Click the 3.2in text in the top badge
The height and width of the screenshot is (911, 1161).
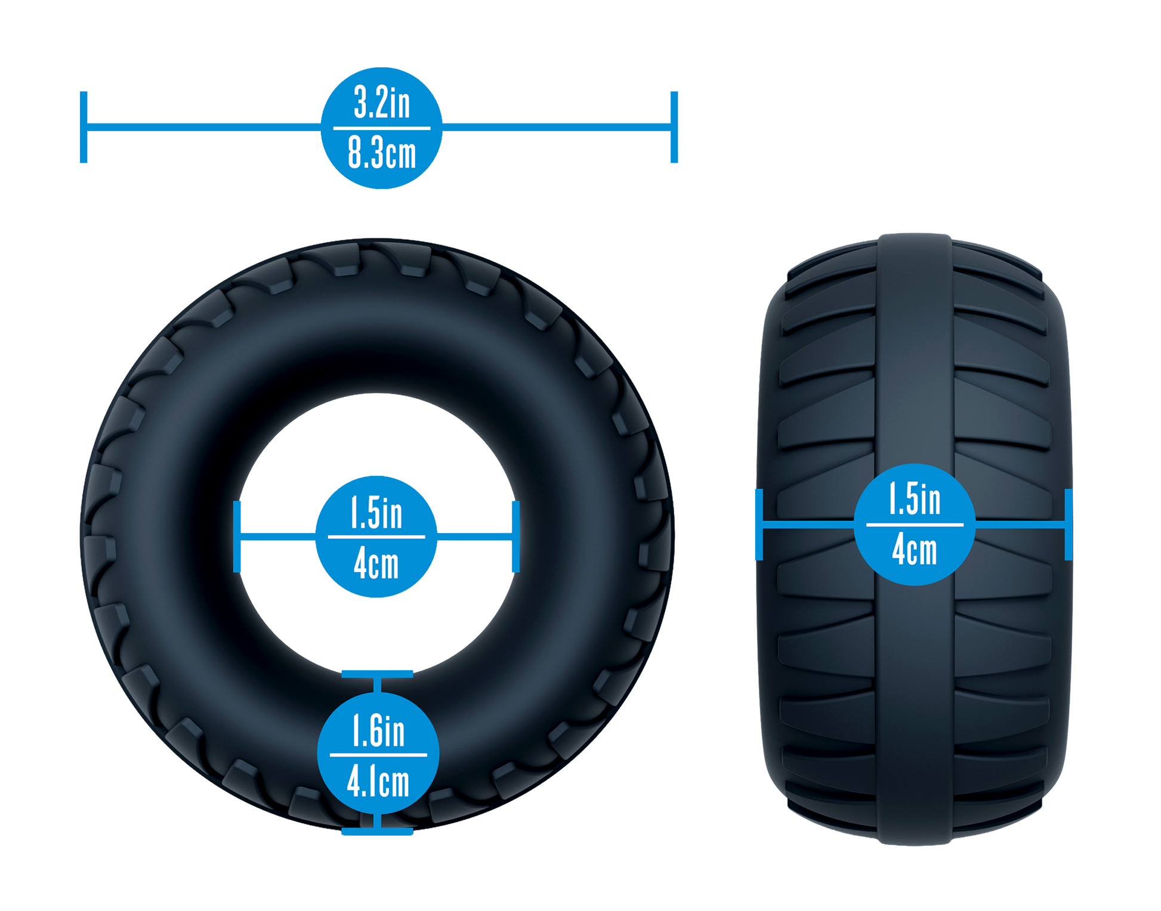click(x=382, y=102)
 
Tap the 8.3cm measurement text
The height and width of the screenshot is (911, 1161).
click(x=382, y=153)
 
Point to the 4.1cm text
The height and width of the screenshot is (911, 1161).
click(x=378, y=781)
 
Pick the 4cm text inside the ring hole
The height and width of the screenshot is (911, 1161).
click(x=376, y=563)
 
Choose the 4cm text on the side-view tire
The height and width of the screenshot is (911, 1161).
click(x=915, y=550)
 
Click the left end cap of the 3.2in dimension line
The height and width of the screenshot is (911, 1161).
click(x=84, y=127)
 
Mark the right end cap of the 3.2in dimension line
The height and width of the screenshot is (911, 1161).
click(x=674, y=127)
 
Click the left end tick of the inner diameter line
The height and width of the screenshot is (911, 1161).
click(x=237, y=537)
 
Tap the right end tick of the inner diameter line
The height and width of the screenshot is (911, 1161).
click(x=516, y=537)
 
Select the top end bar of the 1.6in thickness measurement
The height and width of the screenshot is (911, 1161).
click(x=377, y=674)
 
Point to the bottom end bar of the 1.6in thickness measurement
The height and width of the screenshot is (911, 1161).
click(x=377, y=831)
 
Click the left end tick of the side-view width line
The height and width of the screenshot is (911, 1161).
click(x=759, y=525)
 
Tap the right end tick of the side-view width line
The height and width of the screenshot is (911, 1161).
click(x=1069, y=525)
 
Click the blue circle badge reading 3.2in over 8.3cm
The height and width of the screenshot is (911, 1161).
click(x=382, y=128)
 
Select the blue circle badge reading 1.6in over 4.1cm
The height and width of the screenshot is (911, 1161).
click(x=378, y=754)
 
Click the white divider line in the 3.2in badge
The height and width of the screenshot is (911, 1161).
click(x=382, y=128)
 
